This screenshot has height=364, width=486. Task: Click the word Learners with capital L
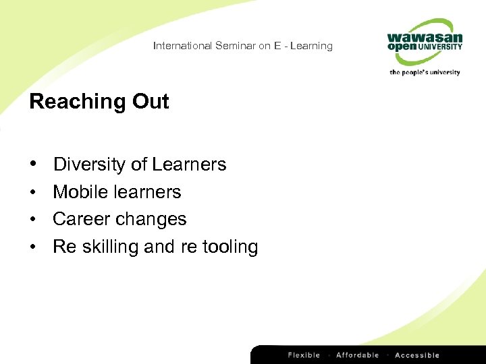tap(189, 164)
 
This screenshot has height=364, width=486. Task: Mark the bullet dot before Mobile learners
tap(33, 192)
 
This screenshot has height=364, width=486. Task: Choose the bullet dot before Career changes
tap(33, 219)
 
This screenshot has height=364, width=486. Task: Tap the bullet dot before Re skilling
tap(33, 247)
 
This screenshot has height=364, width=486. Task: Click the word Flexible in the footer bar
tap(304, 355)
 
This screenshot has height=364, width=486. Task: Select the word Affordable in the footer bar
tap(358, 355)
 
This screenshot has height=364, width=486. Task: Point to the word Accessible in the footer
tap(417, 355)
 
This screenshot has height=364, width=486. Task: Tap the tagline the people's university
tap(425, 72)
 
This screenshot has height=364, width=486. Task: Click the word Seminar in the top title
tap(234, 46)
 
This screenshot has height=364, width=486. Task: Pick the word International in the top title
tap(182, 46)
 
